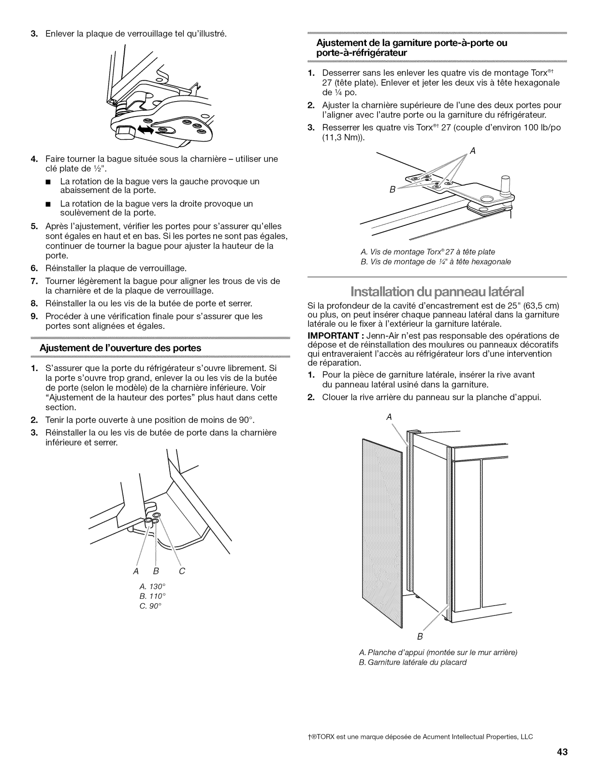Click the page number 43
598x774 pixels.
(x=561, y=752)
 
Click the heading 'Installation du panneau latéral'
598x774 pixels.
(x=437, y=292)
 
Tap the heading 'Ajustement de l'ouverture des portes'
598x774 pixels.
(x=120, y=348)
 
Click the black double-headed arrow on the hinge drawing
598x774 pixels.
(x=146, y=129)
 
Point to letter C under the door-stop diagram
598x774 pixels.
(x=182, y=571)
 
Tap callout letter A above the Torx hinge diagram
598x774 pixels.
(x=473, y=151)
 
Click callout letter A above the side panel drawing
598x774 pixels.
(x=388, y=417)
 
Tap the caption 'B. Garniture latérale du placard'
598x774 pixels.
(x=413, y=662)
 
